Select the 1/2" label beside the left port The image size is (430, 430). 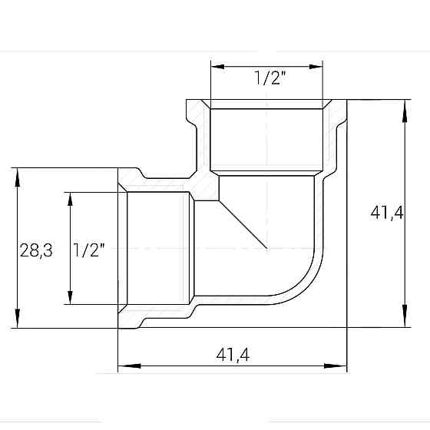tap(89, 250)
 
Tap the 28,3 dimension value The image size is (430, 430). tap(36, 250)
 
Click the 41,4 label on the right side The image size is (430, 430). tap(386, 213)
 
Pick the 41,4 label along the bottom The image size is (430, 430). tap(233, 354)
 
